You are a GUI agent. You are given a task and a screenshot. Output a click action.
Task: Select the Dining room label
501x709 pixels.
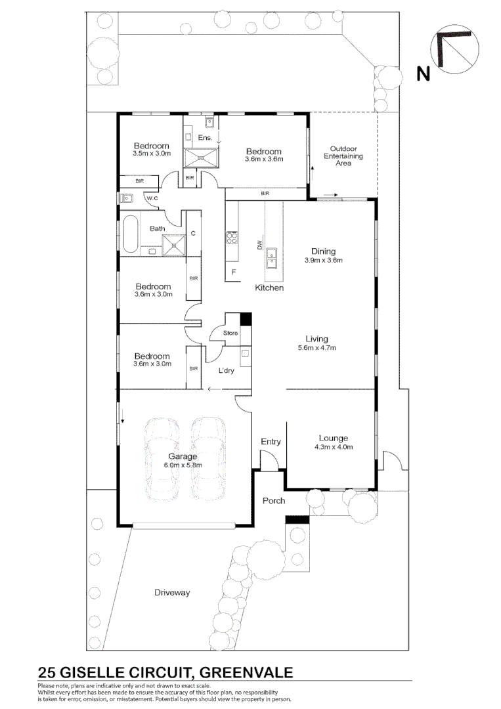coord(324,251)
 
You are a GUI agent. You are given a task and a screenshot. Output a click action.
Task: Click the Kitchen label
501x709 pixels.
coord(269,288)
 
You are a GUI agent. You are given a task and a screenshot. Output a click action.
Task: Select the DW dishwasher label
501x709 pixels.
coord(259,246)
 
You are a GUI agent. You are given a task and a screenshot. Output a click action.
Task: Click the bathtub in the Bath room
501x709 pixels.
coord(129,234)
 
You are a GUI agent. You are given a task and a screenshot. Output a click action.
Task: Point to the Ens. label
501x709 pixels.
coord(205,138)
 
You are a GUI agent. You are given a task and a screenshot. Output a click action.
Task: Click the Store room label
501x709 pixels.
coord(230,333)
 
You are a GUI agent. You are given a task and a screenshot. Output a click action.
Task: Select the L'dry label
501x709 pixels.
coord(226,371)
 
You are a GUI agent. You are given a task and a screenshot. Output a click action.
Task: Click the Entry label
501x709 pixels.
coord(271,442)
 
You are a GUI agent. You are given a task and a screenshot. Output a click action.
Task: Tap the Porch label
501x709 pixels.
coord(274,501)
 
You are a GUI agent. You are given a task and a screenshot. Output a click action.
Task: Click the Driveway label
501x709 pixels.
coord(172,592)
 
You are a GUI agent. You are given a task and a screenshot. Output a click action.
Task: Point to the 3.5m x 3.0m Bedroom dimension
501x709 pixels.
coord(151,154)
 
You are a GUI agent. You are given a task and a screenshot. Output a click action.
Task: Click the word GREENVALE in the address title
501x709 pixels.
coord(246,672)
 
